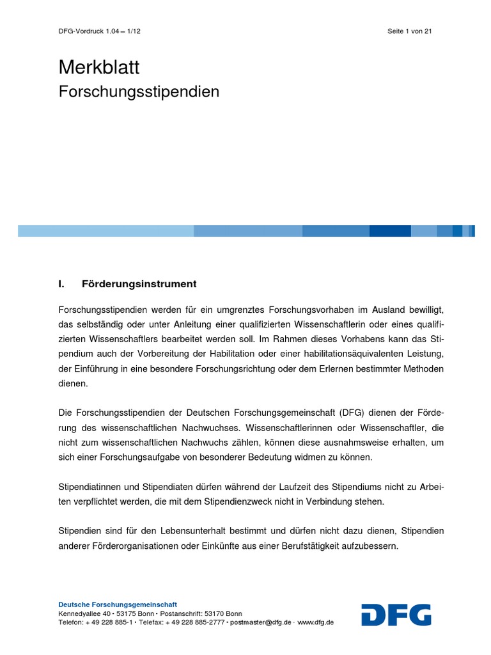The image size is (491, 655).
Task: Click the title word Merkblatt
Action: click(98, 67)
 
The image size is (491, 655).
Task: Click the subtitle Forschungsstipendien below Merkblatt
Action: click(139, 92)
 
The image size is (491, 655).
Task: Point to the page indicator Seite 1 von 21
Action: click(410, 31)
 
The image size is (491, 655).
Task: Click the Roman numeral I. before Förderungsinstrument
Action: click(62, 283)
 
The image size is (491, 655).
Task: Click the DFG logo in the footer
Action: click(396, 615)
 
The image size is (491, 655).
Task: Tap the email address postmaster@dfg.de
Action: click(261, 622)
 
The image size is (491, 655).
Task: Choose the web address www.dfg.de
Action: click(315, 622)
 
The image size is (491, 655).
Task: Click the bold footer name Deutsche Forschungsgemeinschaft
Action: click(118, 604)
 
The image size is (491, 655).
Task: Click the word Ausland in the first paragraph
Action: click(368, 309)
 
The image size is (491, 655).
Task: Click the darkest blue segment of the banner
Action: click(390, 231)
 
